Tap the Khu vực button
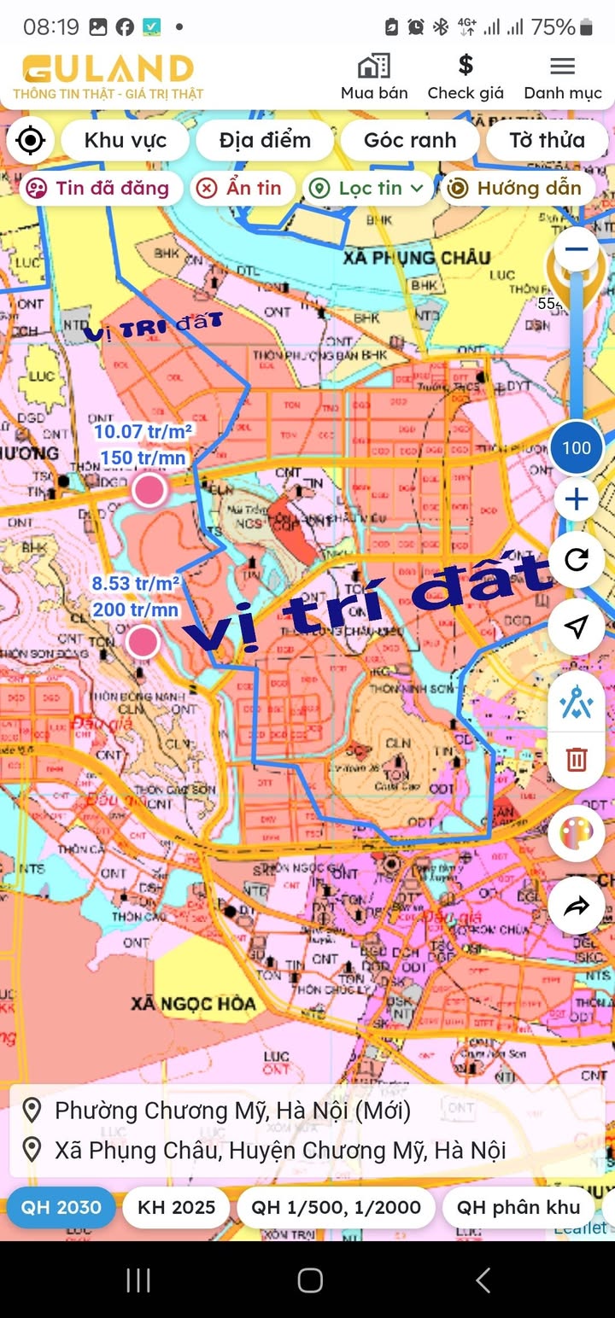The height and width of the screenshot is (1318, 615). tap(125, 141)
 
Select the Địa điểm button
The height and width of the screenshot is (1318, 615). tap(265, 141)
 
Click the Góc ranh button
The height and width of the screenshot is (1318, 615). tap(410, 141)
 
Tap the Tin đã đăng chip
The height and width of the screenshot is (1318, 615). tap(101, 188)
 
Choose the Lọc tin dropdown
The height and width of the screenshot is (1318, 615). tap(367, 188)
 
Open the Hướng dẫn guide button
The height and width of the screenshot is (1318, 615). tap(516, 188)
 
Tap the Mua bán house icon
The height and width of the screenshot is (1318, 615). tap(374, 66)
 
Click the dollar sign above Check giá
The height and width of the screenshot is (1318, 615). tap(466, 65)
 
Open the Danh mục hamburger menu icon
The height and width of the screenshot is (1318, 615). tap(562, 66)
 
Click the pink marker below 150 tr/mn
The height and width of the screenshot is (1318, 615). tap(149, 490)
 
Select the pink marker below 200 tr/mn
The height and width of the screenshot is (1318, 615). tap(143, 641)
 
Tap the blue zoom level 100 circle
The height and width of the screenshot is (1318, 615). tap(577, 448)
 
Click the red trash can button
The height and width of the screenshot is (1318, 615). tap(577, 759)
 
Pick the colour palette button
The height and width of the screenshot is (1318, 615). tap(577, 832)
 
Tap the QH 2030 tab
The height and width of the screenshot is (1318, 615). tap(61, 1207)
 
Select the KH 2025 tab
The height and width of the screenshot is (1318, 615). tap(176, 1207)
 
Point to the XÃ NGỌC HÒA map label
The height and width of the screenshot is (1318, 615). tap(193, 1003)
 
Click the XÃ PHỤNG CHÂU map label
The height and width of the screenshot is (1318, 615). tap(417, 257)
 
